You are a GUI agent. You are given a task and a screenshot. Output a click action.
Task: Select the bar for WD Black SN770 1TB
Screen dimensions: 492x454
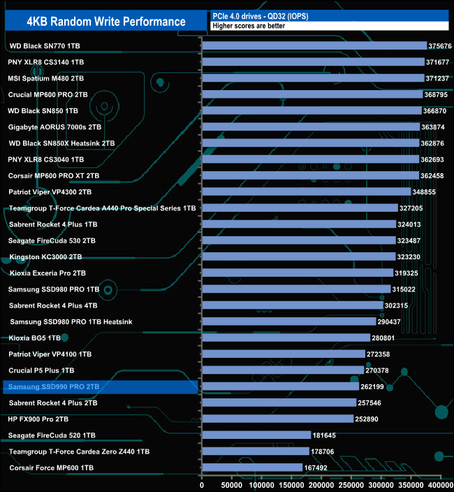(314, 45)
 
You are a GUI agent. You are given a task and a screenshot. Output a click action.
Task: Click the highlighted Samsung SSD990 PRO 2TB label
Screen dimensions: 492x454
(54, 386)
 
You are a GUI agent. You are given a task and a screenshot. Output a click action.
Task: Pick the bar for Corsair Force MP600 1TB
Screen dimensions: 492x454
(251, 467)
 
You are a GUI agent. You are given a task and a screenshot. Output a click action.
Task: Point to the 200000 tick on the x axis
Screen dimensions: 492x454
(321, 484)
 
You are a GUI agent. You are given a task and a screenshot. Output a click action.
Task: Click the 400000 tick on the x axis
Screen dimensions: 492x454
(439, 484)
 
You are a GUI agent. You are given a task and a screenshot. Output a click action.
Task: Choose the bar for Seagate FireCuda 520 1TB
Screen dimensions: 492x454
(256, 435)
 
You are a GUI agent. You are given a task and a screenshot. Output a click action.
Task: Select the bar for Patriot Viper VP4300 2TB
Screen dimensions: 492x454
(306, 191)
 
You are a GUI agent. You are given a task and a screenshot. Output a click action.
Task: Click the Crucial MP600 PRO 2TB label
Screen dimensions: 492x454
(48, 94)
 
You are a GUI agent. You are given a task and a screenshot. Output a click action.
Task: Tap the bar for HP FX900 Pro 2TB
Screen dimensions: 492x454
(277, 419)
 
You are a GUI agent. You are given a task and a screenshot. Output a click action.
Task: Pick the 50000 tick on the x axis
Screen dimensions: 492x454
(232, 484)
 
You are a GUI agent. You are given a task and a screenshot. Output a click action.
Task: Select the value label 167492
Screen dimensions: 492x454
(317, 468)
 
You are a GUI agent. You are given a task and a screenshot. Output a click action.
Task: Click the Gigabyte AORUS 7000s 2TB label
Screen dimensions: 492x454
(52, 126)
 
